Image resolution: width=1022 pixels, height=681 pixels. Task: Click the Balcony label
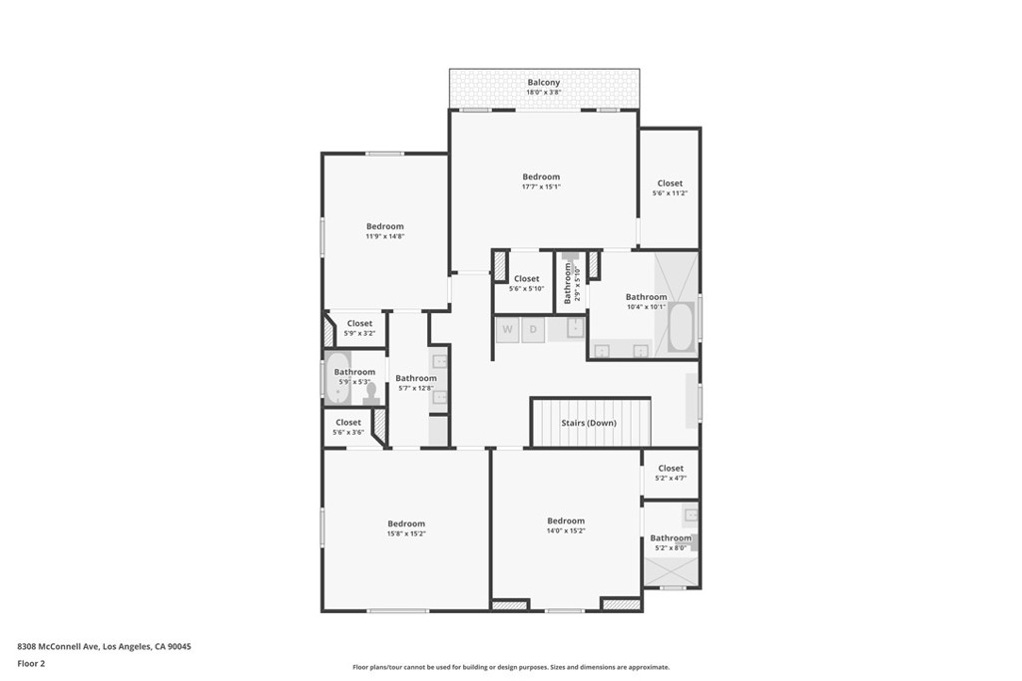click(x=544, y=83)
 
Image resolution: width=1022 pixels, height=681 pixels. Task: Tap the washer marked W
click(x=507, y=330)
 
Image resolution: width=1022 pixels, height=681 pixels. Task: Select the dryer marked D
click(x=533, y=330)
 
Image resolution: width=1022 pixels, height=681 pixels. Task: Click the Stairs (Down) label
click(x=589, y=423)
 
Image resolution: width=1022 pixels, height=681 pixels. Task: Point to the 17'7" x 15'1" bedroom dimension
click(x=541, y=186)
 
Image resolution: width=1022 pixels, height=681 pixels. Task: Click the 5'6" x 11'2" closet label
click(x=670, y=193)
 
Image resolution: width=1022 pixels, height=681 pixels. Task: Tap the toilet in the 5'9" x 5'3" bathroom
click(x=371, y=394)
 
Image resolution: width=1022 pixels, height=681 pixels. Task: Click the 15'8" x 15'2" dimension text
click(x=406, y=533)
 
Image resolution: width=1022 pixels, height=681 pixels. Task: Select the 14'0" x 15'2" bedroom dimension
click(x=566, y=530)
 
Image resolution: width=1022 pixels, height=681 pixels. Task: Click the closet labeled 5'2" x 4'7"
click(x=671, y=474)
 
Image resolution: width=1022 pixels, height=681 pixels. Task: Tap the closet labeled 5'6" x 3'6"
click(x=348, y=427)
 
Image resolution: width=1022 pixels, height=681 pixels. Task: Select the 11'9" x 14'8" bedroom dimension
click(x=385, y=236)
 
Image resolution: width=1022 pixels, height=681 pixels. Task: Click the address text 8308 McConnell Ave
click(x=58, y=646)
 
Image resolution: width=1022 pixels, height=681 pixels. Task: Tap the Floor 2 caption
click(x=31, y=664)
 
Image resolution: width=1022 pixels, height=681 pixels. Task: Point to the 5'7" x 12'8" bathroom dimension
click(x=416, y=388)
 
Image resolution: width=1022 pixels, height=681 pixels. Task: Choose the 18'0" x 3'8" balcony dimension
click(x=544, y=93)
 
